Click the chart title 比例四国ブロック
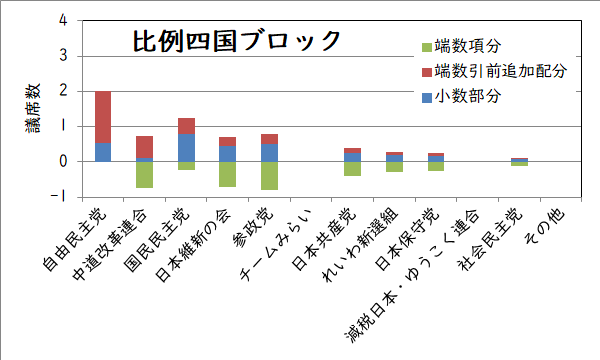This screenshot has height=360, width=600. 237,41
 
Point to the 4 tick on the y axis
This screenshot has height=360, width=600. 64,20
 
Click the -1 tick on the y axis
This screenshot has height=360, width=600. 62,196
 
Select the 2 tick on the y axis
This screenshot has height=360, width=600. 64,91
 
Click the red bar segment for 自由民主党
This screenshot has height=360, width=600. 103,117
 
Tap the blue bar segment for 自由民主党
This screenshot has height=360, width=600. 103,152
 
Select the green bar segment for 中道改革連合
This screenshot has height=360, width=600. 144,174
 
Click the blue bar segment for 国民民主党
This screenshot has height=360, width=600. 186,147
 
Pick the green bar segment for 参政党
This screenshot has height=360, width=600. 269,175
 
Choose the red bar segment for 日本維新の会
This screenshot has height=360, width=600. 227,141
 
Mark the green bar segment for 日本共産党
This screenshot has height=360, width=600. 352,168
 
